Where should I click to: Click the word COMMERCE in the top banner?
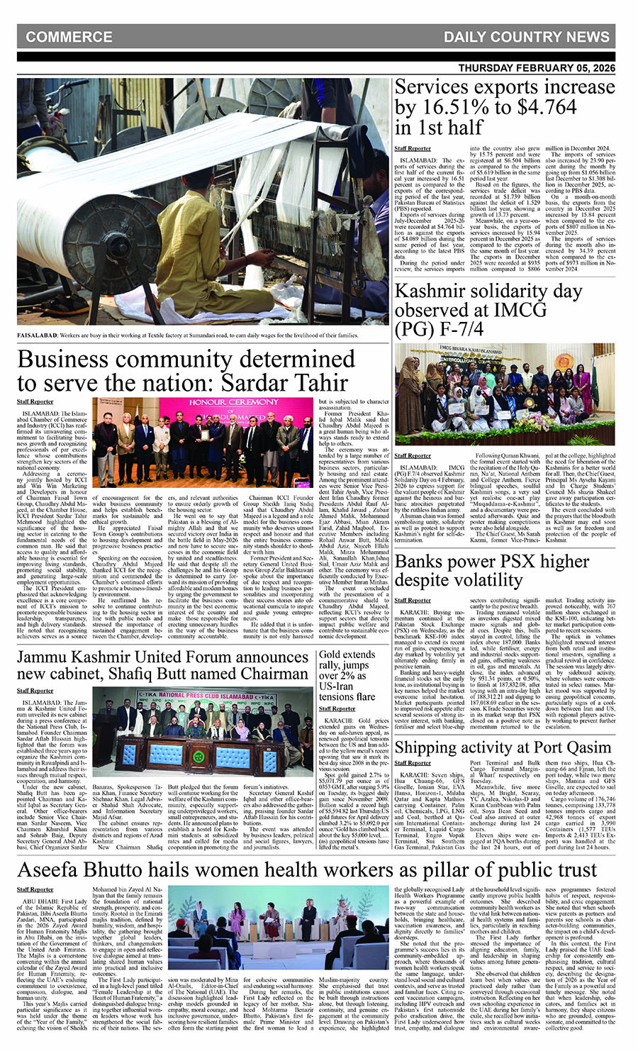[69, 37]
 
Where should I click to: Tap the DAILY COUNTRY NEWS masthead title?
[526, 37]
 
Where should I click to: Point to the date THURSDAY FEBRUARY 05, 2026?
[537, 68]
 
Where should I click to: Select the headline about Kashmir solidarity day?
[488, 310]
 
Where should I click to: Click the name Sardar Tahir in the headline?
[284, 383]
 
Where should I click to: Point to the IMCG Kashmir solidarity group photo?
[505, 394]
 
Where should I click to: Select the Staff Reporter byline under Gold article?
[335, 708]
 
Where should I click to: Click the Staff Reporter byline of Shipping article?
[413, 763]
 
